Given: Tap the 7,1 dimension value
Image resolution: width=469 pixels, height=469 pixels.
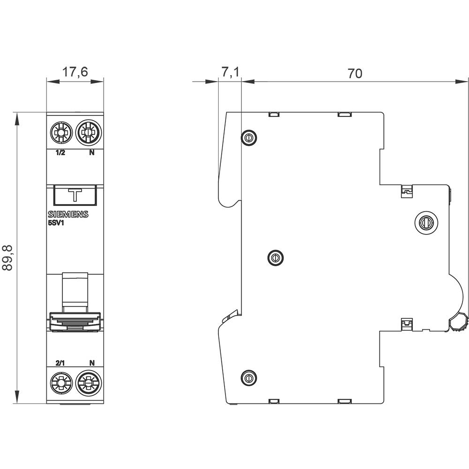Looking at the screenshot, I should pyautogui.click(x=230, y=72).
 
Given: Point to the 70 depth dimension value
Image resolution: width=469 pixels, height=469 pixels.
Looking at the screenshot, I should pyautogui.click(x=355, y=73).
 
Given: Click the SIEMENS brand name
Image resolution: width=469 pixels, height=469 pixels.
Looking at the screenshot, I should pyautogui.click(x=68, y=215).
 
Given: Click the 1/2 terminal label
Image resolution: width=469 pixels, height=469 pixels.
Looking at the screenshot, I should pyautogui.click(x=60, y=153).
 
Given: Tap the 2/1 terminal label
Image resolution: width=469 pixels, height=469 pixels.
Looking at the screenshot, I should pyautogui.click(x=60, y=363).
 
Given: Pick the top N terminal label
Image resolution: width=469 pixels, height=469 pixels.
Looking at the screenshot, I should pyautogui.click(x=91, y=153).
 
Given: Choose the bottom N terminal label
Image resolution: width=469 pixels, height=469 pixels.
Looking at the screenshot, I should pyautogui.click(x=92, y=363).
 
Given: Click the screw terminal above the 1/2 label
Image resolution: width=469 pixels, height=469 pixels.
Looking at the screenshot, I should pyautogui.click(x=61, y=133).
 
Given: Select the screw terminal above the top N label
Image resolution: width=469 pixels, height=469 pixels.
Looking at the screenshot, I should pyautogui.click(x=86, y=133).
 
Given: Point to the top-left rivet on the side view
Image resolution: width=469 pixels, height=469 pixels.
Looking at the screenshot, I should pyautogui.click(x=248, y=137).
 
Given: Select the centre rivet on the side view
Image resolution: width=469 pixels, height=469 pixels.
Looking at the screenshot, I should pyautogui.click(x=275, y=257).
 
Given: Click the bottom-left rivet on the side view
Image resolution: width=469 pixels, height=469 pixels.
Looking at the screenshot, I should pyautogui.click(x=248, y=377).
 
